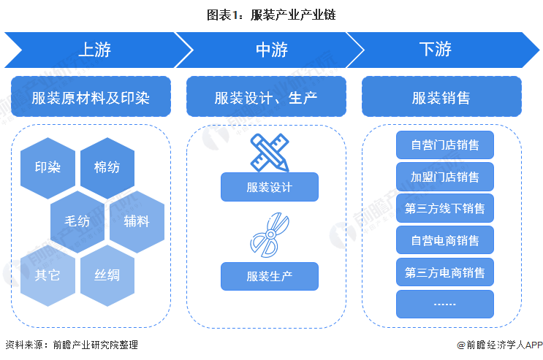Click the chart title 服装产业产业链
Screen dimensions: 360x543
point(271,14)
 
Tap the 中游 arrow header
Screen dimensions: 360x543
point(270,50)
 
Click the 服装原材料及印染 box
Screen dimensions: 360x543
point(91,97)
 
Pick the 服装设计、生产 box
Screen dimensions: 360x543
point(266,97)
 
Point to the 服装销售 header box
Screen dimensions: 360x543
point(441,97)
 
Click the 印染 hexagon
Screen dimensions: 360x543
point(48,167)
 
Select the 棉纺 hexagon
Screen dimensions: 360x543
point(107,167)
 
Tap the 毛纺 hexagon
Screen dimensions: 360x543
point(77,221)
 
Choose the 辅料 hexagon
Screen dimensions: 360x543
point(137,221)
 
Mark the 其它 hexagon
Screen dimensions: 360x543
point(48,275)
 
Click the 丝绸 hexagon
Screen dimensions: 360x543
point(107,275)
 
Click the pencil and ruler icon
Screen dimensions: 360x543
point(269,152)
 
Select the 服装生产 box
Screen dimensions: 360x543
point(270,277)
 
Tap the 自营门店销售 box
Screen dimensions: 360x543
point(445,145)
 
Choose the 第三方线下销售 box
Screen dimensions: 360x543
point(445,209)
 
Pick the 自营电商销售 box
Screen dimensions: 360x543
point(445,240)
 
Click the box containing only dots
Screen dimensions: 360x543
point(445,304)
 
